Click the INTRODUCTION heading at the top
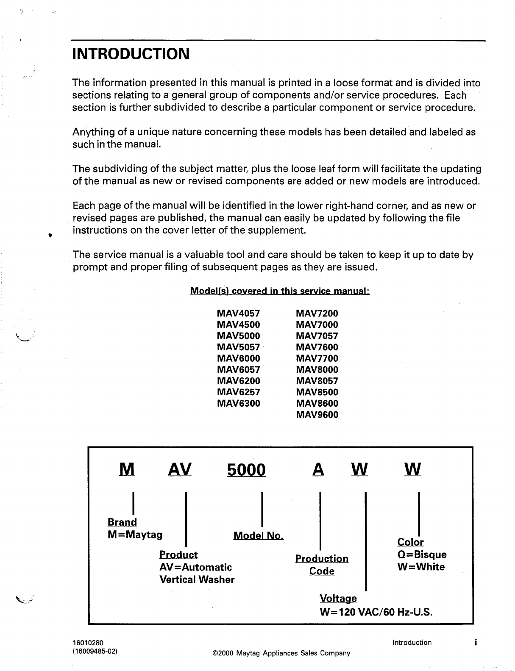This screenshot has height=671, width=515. [131, 54]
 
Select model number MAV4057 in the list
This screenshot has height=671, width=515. [238, 314]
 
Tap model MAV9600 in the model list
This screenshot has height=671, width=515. [317, 415]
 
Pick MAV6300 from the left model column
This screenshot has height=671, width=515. [238, 404]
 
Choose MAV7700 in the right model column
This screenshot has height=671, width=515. [317, 359]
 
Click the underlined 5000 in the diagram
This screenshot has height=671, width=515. [246, 470]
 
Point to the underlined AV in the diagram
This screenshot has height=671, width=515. [180, 469]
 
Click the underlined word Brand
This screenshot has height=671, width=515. [122, 522]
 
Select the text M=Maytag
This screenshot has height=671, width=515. [135, 535]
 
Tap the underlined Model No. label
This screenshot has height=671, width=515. [258, 536]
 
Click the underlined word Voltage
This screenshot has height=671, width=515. [338, 599]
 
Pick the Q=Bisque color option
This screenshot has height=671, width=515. [422, 555]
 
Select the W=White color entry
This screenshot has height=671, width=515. [421, 567]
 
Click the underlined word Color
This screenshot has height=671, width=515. [410, 542]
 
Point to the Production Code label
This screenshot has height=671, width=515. [322, 565]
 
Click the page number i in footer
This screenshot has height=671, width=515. [476, 643]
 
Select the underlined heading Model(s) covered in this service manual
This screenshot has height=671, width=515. [280, 291]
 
